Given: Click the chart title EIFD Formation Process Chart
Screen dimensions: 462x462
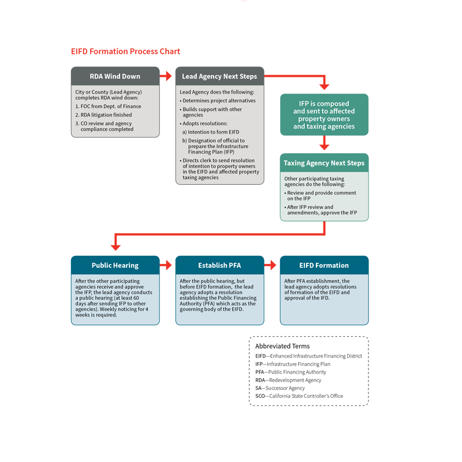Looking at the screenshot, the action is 125,51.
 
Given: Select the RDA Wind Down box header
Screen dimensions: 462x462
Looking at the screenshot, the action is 115,76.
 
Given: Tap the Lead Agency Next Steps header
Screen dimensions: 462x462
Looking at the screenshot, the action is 219,76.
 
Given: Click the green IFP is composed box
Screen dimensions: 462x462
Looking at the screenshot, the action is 324,114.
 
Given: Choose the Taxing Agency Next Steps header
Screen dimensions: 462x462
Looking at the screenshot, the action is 324,163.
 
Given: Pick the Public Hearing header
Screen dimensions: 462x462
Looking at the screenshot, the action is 115,265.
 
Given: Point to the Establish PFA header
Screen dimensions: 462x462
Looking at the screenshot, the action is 219,265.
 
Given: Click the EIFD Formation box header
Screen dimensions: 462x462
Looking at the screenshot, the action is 324,265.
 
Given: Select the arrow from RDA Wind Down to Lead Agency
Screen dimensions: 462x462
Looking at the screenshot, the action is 166,76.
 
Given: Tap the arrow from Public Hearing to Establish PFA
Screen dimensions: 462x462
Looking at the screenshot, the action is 166,265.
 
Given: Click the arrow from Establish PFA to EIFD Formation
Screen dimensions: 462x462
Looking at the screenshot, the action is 270,265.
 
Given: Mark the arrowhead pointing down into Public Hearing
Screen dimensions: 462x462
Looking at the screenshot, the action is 115,248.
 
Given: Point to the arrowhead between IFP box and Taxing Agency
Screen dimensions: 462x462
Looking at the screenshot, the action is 324,147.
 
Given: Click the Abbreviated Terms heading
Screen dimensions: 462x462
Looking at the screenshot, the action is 282,346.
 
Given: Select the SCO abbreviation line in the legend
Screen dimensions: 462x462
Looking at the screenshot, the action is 299,396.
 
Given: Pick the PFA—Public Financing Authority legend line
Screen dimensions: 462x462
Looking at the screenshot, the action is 290,372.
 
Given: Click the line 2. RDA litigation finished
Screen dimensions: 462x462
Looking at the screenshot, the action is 103,115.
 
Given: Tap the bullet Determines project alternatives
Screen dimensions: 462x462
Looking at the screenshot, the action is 218,100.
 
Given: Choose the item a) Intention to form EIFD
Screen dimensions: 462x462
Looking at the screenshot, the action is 211,132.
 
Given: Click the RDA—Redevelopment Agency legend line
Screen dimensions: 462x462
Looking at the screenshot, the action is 288,380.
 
